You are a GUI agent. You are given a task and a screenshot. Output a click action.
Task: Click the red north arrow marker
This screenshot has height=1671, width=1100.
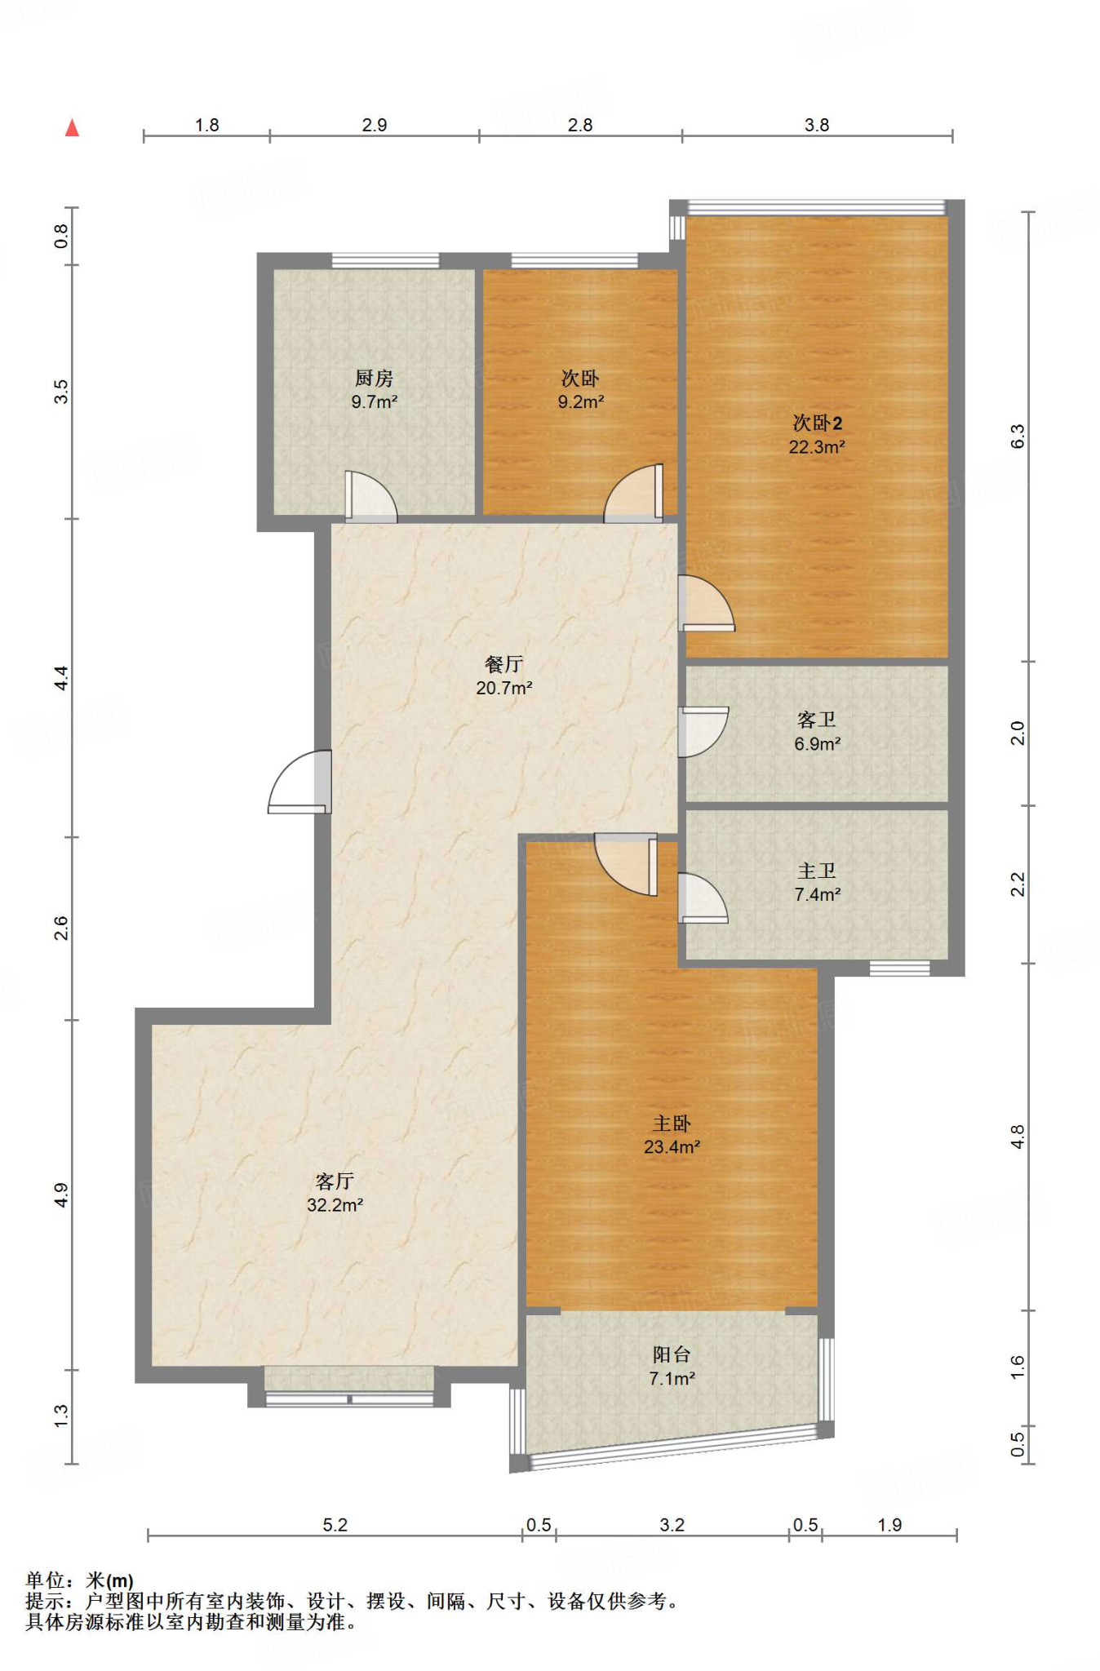72,127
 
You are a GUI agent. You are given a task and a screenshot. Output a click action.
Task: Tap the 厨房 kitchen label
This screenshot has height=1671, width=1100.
374,379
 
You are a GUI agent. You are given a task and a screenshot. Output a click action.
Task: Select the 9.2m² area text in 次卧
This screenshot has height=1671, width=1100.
581,402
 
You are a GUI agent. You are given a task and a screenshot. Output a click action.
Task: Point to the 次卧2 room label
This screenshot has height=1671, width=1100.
818,423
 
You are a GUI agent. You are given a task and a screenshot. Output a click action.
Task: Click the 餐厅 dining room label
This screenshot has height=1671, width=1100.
503,664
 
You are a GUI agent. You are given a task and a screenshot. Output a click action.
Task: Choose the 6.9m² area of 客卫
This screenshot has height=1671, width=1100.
818,744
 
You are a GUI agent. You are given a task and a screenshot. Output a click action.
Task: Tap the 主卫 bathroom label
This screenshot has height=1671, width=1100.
817,871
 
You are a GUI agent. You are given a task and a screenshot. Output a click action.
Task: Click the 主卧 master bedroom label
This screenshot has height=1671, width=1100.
672,1124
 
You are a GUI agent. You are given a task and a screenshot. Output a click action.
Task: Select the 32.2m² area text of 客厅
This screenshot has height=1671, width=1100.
335,1205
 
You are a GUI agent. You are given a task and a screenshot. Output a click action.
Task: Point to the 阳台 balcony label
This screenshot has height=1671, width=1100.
672,1354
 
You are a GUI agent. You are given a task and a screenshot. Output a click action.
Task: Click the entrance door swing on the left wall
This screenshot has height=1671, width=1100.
299,782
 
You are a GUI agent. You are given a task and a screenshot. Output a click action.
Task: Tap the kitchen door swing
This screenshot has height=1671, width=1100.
371,497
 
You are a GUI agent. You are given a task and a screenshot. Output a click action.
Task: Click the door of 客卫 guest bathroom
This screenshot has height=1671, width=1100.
703,732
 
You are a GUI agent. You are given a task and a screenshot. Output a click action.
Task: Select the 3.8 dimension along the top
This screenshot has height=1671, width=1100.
817,125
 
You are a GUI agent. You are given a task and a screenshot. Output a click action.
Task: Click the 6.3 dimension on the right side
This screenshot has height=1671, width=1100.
1018,437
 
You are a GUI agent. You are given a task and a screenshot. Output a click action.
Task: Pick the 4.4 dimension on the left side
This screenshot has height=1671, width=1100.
61,678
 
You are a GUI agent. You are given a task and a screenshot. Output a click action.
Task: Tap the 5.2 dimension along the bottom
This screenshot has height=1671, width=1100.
335,1525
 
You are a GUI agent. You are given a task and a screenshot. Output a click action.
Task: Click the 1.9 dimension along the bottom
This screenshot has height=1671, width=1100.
889,1525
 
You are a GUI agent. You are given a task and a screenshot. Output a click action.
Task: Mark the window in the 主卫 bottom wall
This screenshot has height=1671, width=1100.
899,968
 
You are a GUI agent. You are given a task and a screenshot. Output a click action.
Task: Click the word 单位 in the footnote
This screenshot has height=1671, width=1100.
45,1580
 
